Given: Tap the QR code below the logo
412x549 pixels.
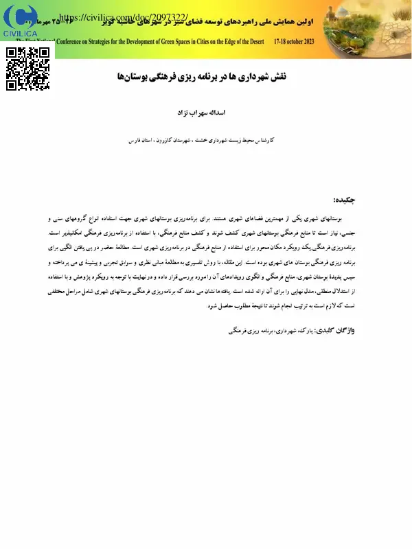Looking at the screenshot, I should click(x=28, y=69).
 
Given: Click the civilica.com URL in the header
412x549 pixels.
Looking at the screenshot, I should click(x=124, y=16).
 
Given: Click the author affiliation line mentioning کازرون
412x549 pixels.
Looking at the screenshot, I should click(x=206, y=139).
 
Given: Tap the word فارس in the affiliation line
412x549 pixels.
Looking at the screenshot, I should click(x=137, y=139).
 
